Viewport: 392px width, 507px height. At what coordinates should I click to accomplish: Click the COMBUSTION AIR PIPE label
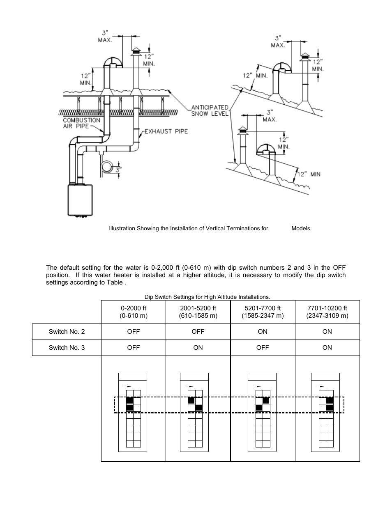click(x=81, y=123)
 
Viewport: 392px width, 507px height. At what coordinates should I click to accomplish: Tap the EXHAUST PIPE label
click(x=166, y=131)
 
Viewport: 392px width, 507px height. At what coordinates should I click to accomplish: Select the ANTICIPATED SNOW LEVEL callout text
click(x=210, y=110)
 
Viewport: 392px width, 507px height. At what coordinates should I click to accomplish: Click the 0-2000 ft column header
click(x=133, y=312)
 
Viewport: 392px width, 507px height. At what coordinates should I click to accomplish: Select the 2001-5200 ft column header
click(x=198, y=312)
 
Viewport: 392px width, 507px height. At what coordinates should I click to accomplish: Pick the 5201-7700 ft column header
click(x=263, y=312)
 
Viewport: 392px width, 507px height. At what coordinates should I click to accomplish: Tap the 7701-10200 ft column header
click(x=327, y=312)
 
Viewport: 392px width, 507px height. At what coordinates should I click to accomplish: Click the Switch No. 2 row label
click(x=67, y=332)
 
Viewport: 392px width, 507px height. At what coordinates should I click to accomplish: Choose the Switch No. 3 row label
click(x=67, y=348)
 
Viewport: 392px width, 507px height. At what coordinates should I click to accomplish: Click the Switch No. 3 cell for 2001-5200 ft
click(x=198, y=348)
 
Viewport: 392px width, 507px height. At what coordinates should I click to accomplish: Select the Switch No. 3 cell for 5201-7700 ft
click(x=263, y=348)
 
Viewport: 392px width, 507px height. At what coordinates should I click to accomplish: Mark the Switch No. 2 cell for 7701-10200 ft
click(x=327, y=332)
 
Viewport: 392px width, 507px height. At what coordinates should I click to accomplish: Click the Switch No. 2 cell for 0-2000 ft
click(x=133, y=332)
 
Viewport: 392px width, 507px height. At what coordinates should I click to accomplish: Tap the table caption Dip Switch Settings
click(x=207, y=297)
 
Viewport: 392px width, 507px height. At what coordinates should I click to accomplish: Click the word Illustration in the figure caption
click(x=122, y=229)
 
